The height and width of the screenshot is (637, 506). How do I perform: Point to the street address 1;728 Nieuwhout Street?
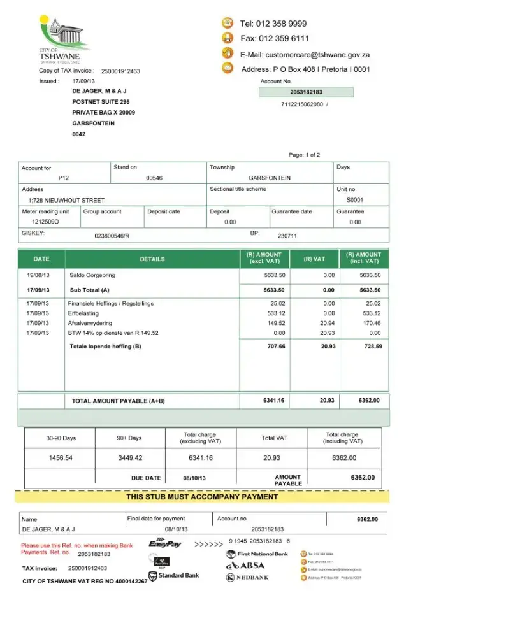pyautogui.click(x=63, y=200)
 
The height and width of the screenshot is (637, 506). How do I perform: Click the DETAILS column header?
pyautogui.click(x=152, y=259)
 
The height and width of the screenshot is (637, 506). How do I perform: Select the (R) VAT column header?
pyautogui.click(x=314, y=259)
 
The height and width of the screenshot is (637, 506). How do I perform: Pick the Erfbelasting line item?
pyautogui.click(x=83, y=313)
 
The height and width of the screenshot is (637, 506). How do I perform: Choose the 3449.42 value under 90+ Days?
pyautogui.click(x=130, y=457)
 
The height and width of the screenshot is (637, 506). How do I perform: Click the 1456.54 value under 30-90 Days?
pyautogui.click(x=61, y=457)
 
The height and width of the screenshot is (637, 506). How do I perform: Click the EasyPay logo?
pyautogui.click(x=165, y=544)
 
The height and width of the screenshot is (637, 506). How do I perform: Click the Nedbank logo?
pyautogui.click(x=247, y=578)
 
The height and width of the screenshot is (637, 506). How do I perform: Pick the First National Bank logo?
pyautogui.click(x=257, y=554)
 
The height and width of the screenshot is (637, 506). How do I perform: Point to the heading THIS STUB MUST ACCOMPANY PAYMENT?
pyautogui.click(x=201, y=497)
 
